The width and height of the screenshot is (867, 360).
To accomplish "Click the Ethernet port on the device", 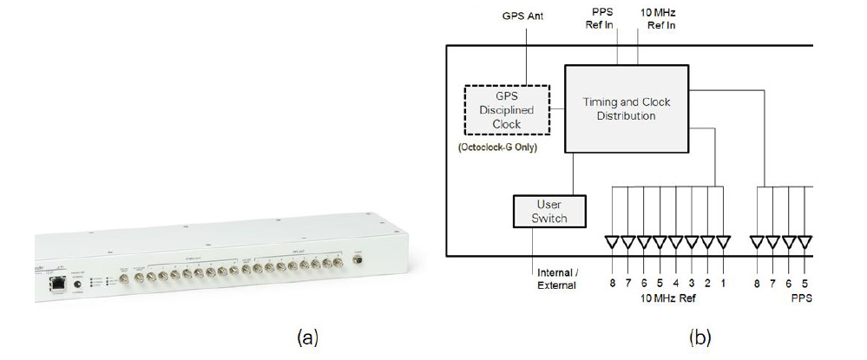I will pos(58,282).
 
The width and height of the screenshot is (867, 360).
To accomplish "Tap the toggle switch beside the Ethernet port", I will pos(82,285).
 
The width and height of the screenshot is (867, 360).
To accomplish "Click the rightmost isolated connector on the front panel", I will pos(358,259).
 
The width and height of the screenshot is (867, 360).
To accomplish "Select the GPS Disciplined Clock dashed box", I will pos(507,109).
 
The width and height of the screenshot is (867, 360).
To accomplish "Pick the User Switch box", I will pos(549,211).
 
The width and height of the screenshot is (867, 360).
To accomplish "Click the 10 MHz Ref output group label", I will pos(668,299).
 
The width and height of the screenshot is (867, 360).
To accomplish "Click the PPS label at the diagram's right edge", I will pos(803,299).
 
